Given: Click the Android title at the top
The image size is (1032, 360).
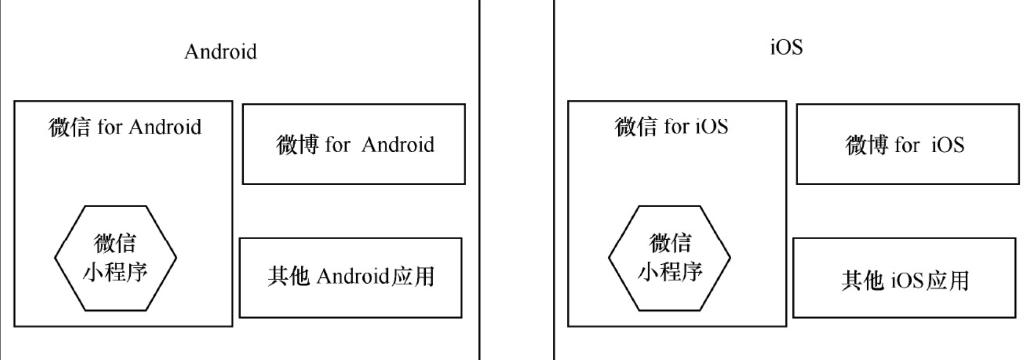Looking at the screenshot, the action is (220, 52).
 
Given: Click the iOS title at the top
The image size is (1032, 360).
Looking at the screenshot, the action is (786, 47).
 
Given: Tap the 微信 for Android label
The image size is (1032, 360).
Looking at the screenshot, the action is (124, 127).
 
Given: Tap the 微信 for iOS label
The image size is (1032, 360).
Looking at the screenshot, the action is (671, 127).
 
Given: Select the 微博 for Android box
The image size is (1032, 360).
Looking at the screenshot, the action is (354, 144).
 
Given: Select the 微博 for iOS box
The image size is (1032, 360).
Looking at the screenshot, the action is (908, 144).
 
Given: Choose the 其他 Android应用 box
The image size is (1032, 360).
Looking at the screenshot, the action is (350, 277).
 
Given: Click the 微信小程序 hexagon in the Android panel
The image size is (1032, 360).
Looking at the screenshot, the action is (115, 258).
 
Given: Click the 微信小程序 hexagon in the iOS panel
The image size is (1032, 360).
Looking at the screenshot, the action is (669, 258).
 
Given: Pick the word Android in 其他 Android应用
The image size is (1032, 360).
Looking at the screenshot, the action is (353, 276).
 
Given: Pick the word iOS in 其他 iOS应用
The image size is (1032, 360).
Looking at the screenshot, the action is (907, 281).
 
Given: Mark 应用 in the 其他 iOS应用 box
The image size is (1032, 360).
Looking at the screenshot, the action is (948, 281).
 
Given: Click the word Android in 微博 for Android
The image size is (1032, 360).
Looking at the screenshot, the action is (398, 145).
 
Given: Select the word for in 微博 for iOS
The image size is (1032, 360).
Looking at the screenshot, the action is (907, 145).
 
